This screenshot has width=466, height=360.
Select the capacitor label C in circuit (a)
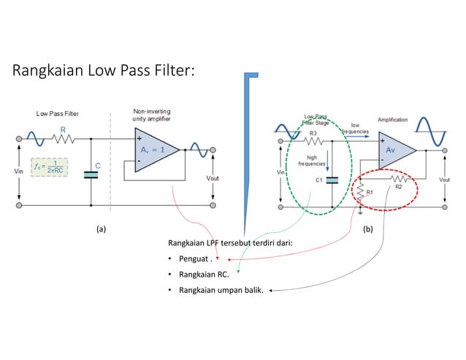98,166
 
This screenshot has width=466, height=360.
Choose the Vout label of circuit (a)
213,177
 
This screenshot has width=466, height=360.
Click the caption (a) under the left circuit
102,229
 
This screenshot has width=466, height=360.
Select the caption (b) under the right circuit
367,229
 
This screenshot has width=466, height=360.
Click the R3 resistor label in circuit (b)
313,134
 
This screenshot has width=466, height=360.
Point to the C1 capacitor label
318,179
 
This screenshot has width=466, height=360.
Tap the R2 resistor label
399,187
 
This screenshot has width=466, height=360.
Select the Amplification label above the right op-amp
392,120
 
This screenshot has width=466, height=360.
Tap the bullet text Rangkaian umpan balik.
215,291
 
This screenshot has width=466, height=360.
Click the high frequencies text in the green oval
313,161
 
